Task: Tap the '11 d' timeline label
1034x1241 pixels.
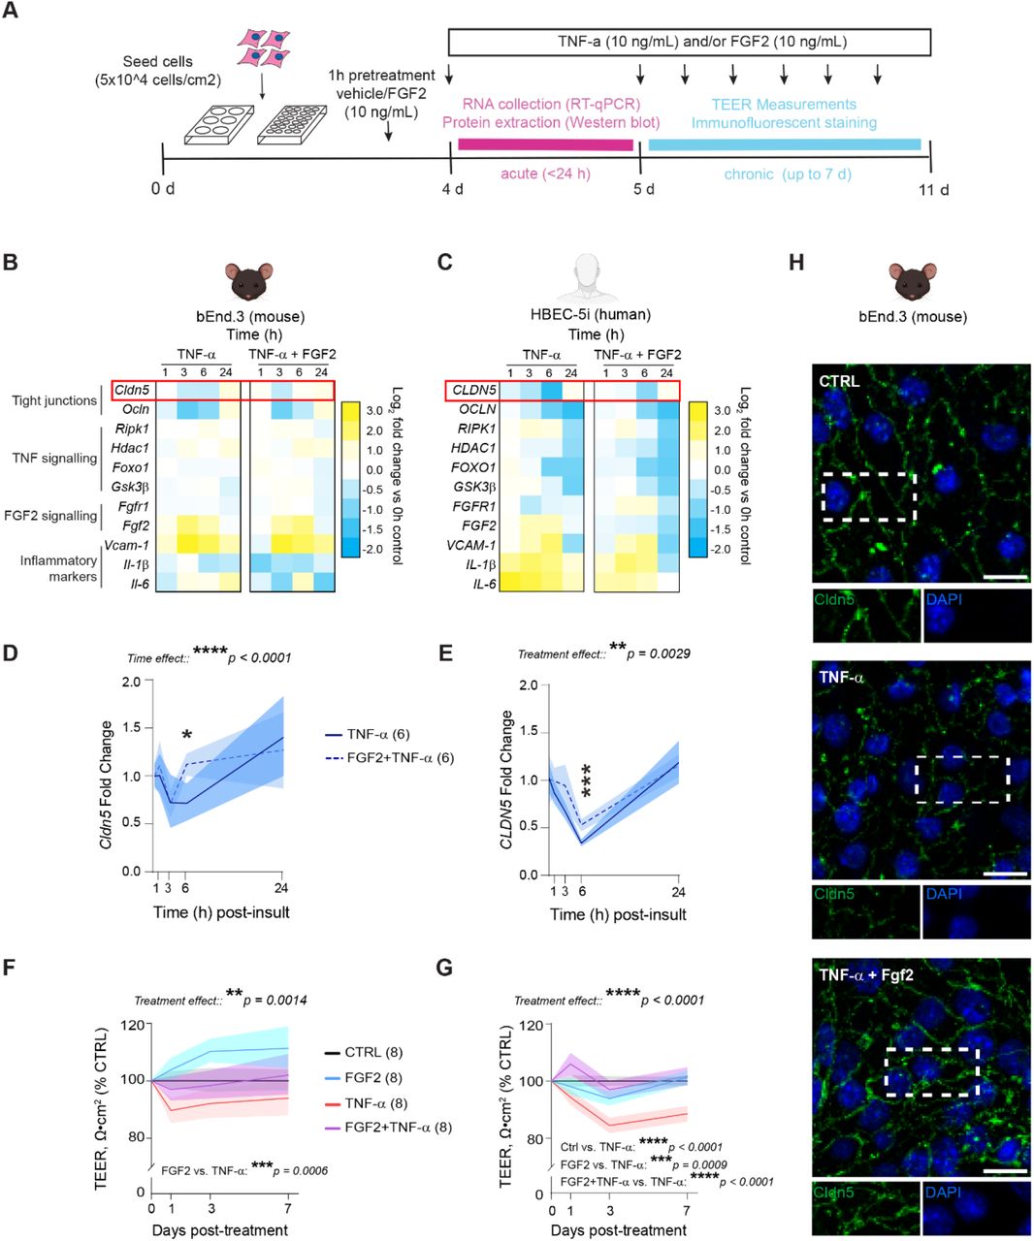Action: [x=933, y=189]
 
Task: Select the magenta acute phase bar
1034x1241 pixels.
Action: [x=544, y=144]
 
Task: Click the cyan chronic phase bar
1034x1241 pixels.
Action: [x=784, y=144]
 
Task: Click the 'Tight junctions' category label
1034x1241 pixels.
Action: [x=54, y=400]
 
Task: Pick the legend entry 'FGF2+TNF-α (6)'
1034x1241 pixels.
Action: [x=400, y=758]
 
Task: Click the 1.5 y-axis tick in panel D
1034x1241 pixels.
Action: [x=133, y=728]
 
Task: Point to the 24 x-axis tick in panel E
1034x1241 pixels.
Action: [x=678, y=891]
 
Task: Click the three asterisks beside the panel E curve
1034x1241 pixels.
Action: [x=585, y=780]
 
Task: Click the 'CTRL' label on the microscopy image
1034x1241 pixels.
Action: [x=839, y=381]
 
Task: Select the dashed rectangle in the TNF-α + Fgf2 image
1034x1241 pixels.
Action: [x=932, y=1071]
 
